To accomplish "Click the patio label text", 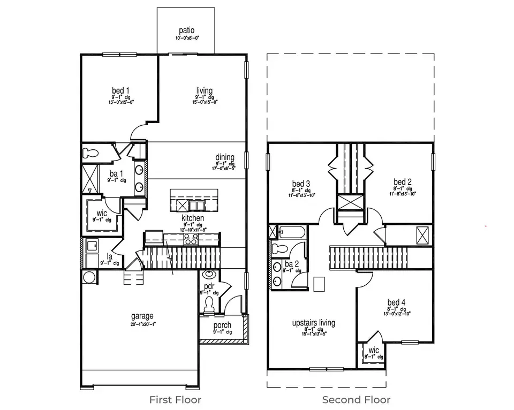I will click(x=186, y=31).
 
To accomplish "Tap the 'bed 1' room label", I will click(x=119, y=90).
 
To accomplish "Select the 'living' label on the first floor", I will click(x=204, y=90).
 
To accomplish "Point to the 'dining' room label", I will click(x=225, y=156).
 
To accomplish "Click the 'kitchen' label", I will click(x=193, y=218).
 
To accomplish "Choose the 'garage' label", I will click(x=142, y=316).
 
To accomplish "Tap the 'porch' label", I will click(x=222, y=325).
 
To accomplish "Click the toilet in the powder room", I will click(x=209, y=304).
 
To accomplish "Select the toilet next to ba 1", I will click(x=91, y=153).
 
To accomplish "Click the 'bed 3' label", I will click(x=301, y=183).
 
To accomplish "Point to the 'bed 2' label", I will click(x=403, y=182).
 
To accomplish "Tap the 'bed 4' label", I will click(x=396, y=302).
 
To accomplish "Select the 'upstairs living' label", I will click(x=314, y=323).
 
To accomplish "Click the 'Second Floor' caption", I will click(x=356, y=399).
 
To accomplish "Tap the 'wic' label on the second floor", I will click(x=373, y=350).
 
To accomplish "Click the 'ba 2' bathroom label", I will click(x=291, y=264).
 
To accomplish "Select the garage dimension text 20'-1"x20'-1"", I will click(x=142, y=324).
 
